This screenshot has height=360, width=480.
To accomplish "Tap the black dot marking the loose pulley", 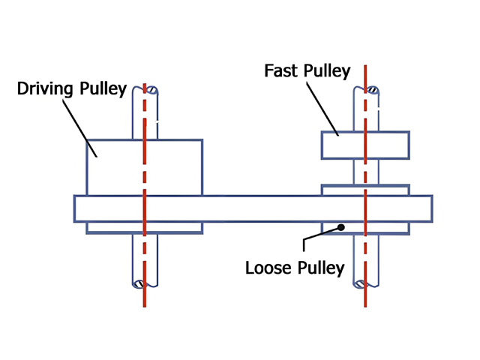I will click(x=340, y=226).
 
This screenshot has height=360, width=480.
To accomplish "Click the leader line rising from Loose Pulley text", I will click(x=304, y=244).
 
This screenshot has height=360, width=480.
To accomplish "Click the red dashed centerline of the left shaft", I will click(x=144, y=255).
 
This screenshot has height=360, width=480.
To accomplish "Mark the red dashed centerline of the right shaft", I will click(x=365, y=255).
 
